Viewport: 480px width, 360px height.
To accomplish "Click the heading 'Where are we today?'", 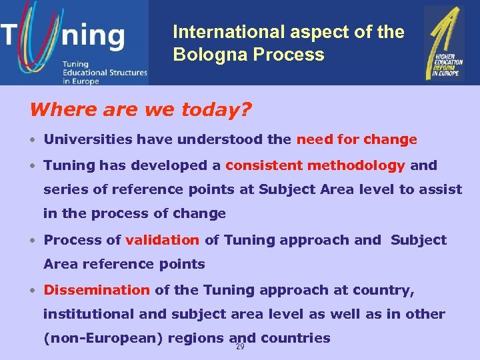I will (x=141, y=109).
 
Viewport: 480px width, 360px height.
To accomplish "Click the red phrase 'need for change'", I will (x=357, y=140).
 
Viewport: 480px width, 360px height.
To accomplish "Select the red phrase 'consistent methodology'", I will (x=315, y=165).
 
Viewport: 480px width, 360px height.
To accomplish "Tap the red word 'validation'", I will (x=162, y=240).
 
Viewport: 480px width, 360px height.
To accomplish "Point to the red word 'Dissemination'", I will (x=97, y=290).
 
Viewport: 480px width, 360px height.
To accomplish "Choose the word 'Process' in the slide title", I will (x=293, y=55).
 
